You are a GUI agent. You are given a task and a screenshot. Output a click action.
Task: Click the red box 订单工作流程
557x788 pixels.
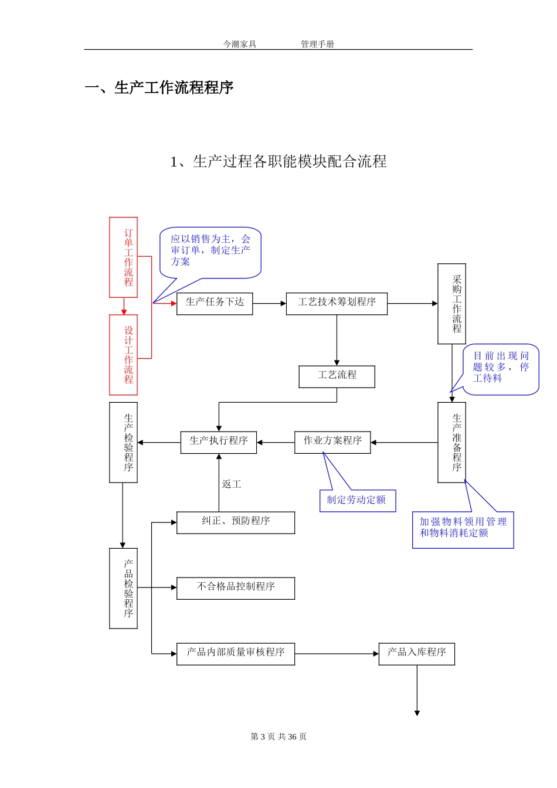124,257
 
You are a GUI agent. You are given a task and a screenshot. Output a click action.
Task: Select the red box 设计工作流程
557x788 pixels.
124,355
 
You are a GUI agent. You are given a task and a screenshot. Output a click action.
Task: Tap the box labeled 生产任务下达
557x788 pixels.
215,304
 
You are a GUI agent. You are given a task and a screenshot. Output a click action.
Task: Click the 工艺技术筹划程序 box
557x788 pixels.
337,304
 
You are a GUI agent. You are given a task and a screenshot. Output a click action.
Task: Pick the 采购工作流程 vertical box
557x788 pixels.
451,304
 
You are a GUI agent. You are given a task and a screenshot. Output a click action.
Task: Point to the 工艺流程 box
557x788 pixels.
337,376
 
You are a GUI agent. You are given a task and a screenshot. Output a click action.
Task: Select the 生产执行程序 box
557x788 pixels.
219,442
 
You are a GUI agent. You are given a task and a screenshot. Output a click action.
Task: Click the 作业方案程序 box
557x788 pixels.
332,442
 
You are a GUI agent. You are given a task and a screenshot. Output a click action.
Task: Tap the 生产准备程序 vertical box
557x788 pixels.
451,442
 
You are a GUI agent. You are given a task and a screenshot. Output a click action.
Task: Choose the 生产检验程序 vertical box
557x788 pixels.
124,442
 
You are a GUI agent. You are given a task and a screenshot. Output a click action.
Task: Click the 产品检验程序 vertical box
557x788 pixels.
124,588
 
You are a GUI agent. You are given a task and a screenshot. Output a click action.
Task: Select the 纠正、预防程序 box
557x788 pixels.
236,522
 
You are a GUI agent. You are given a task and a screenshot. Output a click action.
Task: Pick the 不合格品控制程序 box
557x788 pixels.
236,588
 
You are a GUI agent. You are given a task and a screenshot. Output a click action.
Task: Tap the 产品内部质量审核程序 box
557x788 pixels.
236,654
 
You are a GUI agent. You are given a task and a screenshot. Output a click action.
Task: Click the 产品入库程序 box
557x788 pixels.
417,654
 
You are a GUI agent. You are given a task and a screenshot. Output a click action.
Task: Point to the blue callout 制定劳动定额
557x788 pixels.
358,501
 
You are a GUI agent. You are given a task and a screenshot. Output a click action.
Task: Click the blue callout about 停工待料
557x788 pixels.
501,368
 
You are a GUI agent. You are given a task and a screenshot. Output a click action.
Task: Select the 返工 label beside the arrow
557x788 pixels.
232,484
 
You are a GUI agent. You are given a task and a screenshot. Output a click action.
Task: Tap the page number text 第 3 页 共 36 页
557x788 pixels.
278,736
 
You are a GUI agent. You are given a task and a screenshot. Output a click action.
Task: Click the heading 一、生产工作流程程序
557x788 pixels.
159,88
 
